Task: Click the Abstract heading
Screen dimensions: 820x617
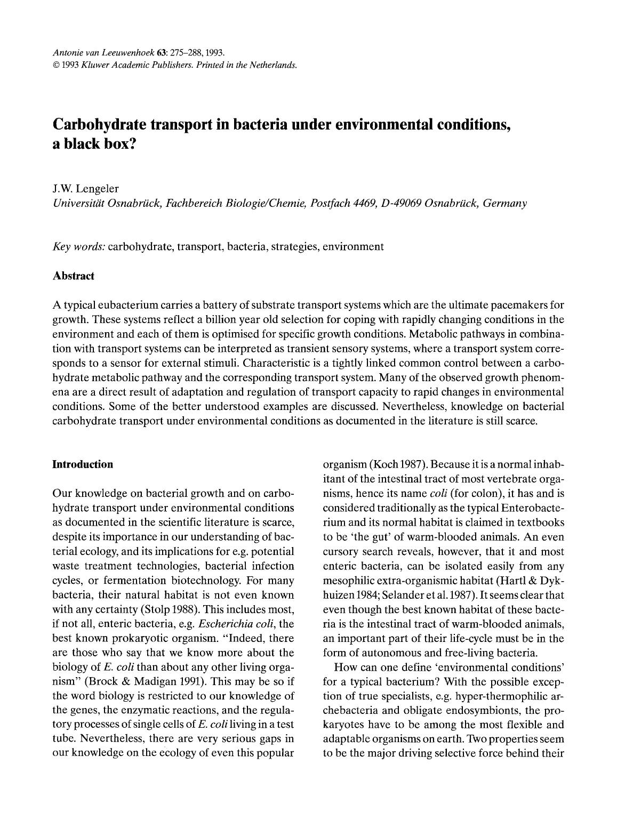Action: (74, 276)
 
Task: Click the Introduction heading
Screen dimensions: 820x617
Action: (83, 464)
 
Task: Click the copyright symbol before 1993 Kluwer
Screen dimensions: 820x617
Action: (56, 66)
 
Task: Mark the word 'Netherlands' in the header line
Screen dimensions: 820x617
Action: (273, 66)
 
